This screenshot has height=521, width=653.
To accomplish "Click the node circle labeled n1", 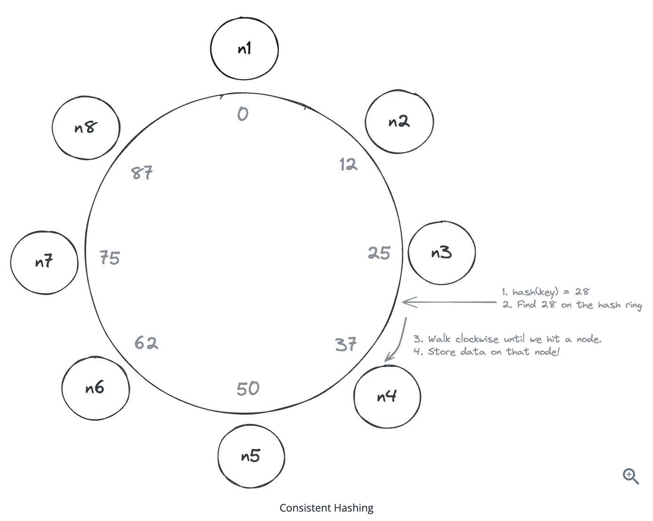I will [244, 49].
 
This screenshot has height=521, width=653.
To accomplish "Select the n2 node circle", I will [399, 122].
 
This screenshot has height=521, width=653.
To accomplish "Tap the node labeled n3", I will [441, 253].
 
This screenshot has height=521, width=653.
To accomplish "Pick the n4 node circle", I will [387, 397].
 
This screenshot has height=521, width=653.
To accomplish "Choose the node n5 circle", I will [251, 456].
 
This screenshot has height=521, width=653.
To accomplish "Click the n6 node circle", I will [95, 388].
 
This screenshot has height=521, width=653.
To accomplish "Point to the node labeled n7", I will [44, 262].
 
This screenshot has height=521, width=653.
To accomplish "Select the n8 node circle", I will [86, 128].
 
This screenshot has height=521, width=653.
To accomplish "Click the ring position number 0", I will [243, 114].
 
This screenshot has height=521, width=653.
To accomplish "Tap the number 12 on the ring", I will [349, 164].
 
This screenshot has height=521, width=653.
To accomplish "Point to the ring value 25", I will [379, 253].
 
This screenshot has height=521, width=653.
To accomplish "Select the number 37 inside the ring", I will [346, 344].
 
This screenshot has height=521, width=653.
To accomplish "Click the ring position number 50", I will [248, 389].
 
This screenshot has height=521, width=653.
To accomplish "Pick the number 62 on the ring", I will [146, 342].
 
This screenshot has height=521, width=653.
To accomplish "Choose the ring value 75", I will [110, 258].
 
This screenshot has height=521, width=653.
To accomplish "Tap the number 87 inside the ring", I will [142, 173].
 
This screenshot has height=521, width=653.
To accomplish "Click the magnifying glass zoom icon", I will [631, 476].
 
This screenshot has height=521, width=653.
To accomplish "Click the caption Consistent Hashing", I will [326, 508].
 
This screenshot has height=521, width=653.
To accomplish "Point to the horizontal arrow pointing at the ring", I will [449, 302].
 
